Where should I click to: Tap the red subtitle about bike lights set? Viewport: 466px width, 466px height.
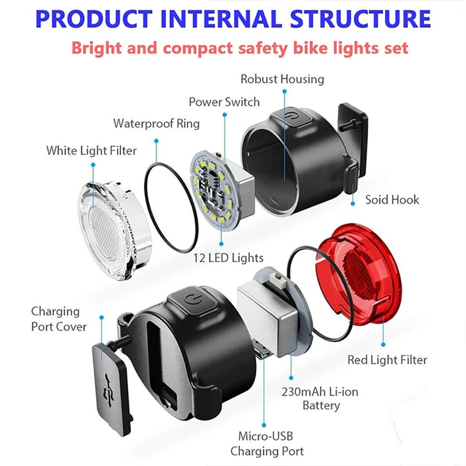(x=239, y=47)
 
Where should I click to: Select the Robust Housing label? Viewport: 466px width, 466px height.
(x=283, y=79)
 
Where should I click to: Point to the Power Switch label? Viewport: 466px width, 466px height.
(x=224, y=102)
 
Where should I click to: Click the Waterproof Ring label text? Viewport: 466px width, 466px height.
(x=156, y=123)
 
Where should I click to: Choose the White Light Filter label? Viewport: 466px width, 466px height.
(x=91, y=151)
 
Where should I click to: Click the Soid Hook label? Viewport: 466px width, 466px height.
(x=392, y=200)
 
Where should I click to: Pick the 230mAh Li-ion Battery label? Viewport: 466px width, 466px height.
(x=322, y=398)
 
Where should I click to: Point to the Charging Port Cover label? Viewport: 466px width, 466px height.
(x=59, y=319)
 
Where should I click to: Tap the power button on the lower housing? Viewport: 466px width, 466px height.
(x=192, y=299)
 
